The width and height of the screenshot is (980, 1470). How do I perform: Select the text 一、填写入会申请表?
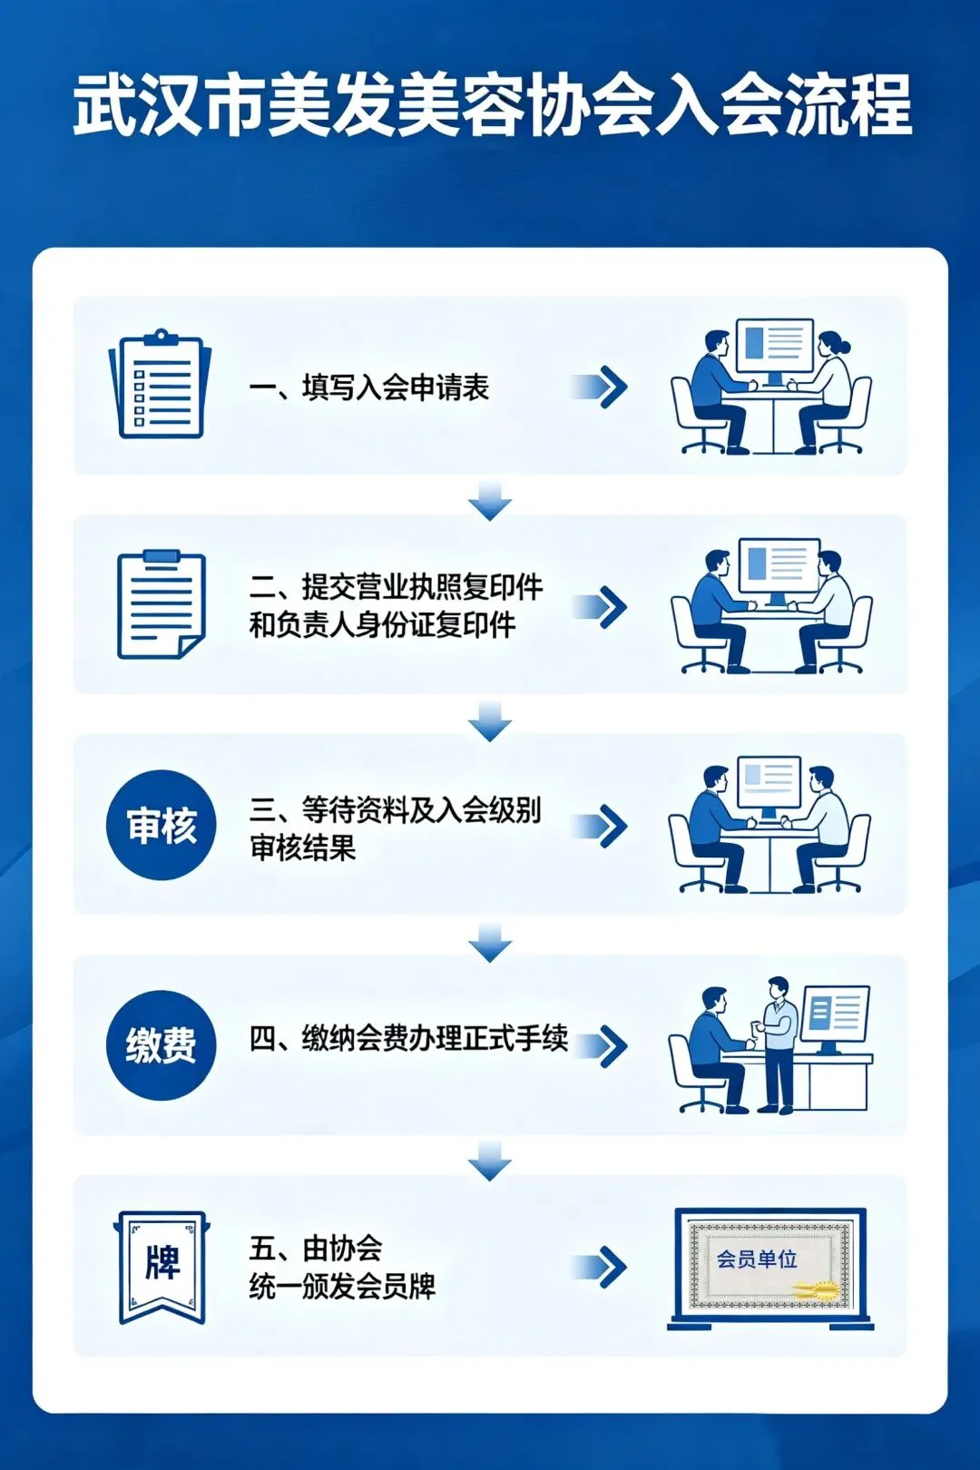pos(369,387)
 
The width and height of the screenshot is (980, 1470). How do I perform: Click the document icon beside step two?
pos(161,604)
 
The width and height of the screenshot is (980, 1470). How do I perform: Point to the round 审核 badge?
pos(162,825)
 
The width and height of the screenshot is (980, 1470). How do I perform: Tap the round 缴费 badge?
pos(162,1044)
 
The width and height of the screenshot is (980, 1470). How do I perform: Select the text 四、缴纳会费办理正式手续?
pos(408,1038)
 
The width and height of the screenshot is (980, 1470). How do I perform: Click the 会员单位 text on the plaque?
pos(757,1259)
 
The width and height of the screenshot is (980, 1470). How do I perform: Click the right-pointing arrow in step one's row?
pos(602,387)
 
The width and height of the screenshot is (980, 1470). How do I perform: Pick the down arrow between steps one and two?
pos(490,502)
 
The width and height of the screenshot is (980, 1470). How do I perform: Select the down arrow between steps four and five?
pos(490,1162)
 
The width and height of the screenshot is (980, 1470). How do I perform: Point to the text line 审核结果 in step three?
pos(303,848)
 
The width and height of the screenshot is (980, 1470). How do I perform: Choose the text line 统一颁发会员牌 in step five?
pos(342,1286)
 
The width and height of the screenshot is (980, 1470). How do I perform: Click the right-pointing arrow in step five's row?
pos(602,1267)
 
